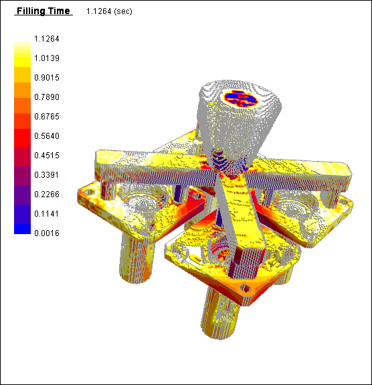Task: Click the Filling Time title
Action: [x=43, y=11]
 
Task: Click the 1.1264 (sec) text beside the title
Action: [x=109, y=11]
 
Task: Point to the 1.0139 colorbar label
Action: [x=47, y=58]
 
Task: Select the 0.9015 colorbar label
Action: [x=47, y=78]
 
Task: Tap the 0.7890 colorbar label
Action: [x=47, y=97]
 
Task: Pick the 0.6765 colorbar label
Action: [x=47, y=117]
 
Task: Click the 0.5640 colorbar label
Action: [x=47, y=135]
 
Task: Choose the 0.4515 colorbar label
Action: [x=47, y=156]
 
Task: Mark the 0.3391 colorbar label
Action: [x=47, y=175]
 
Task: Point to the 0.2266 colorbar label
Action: [x=47, y=195]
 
